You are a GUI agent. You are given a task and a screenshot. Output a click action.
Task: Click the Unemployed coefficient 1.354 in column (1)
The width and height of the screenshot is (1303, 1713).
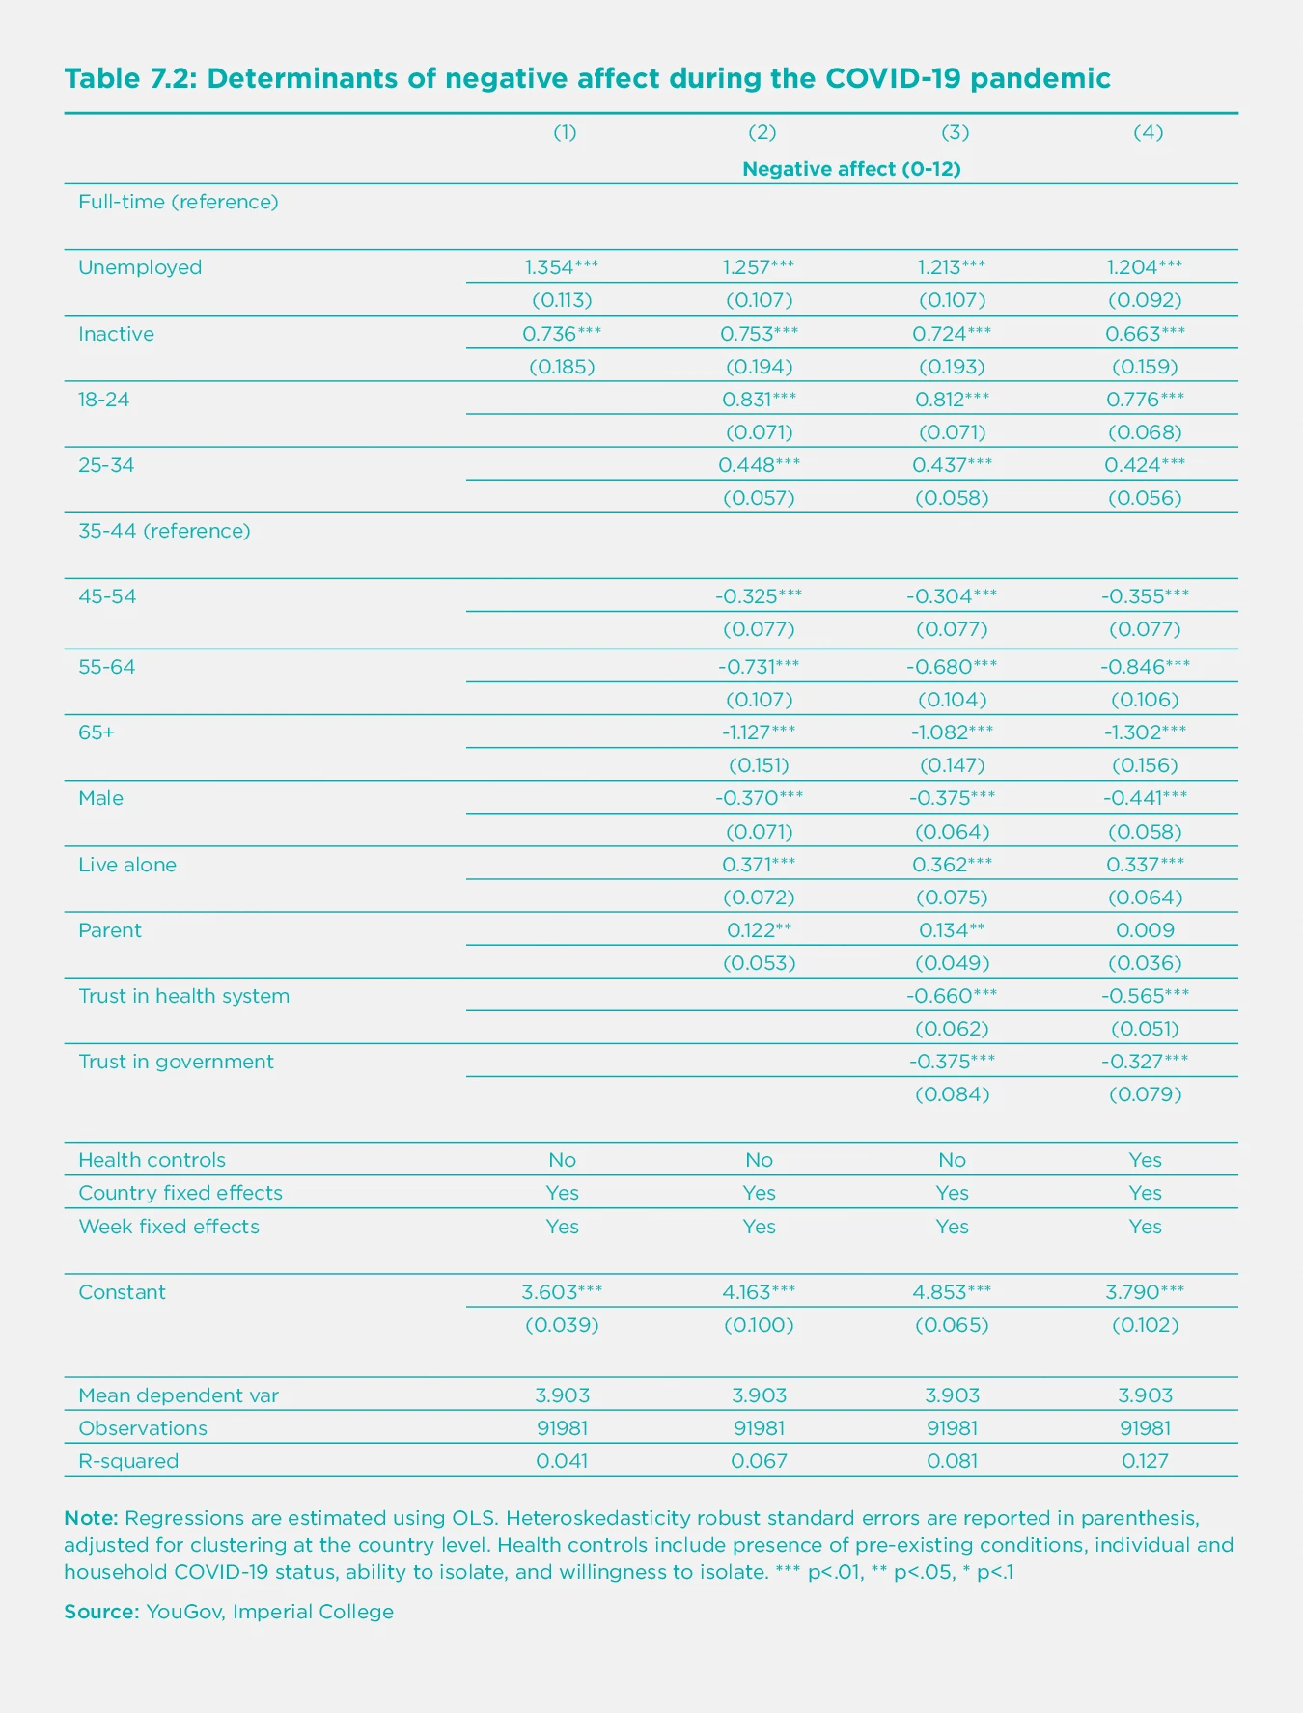(562, 267)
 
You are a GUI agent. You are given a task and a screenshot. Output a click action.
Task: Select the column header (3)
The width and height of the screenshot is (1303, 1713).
(954, 133)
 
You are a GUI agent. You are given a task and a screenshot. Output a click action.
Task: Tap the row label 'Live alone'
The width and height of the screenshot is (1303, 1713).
(127, 865)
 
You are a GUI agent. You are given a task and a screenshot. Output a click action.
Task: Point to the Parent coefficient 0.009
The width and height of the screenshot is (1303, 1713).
(1145, 930)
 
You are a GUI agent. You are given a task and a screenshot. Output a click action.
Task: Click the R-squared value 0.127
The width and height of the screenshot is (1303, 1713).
(1145, 1461)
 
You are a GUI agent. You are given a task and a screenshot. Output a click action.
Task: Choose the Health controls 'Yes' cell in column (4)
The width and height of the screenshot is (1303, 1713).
(1145, 1160)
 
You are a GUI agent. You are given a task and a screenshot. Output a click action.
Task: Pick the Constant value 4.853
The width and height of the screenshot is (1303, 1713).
(952, 1292)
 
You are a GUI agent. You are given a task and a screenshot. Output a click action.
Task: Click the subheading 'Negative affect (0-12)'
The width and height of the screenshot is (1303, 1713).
(851, 169)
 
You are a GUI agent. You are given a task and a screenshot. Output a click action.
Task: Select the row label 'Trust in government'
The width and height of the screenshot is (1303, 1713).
(176, 1062)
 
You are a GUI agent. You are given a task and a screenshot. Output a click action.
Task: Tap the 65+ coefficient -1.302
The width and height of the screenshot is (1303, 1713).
(1145, 732)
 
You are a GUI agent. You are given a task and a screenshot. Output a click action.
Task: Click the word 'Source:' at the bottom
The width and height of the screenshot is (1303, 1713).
(101, 1612)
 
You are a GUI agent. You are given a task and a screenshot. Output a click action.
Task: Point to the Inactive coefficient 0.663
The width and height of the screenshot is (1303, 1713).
(1145, 334)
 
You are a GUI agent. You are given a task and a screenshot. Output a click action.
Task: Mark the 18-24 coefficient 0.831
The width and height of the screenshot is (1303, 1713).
(759, 399)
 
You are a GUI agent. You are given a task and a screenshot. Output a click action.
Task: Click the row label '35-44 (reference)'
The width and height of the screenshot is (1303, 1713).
(164, 531)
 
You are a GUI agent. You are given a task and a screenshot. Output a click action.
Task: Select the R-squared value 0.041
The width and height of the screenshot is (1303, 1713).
(562, 1461)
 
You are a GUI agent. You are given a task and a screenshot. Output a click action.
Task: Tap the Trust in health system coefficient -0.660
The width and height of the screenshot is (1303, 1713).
(952, 996)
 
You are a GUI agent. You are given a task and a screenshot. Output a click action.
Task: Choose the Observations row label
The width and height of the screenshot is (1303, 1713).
(143, 1428)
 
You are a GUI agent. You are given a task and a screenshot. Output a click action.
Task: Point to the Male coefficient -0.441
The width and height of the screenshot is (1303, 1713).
(1145, 798)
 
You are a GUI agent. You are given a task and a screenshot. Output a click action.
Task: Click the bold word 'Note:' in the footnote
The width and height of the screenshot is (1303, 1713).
(92, 1517)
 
